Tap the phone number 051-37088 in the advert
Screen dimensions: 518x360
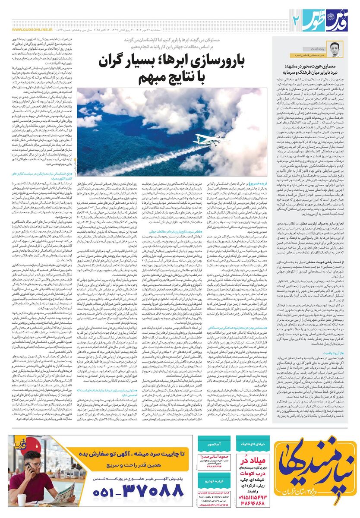[x=132, y=490]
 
